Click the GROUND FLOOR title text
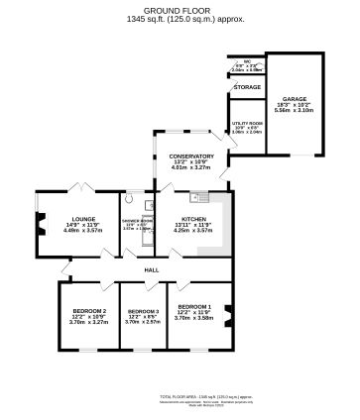(x=180, y=8)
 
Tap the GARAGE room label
(x=294, y=99)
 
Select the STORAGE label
(x=246, y=87)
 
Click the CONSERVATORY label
(x=191, y=157)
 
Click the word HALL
(x=152, y=270)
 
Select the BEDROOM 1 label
(x=192, y=307)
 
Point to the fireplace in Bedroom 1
(x=226, y=317)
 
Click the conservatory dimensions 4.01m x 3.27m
(x=191, y=168)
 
